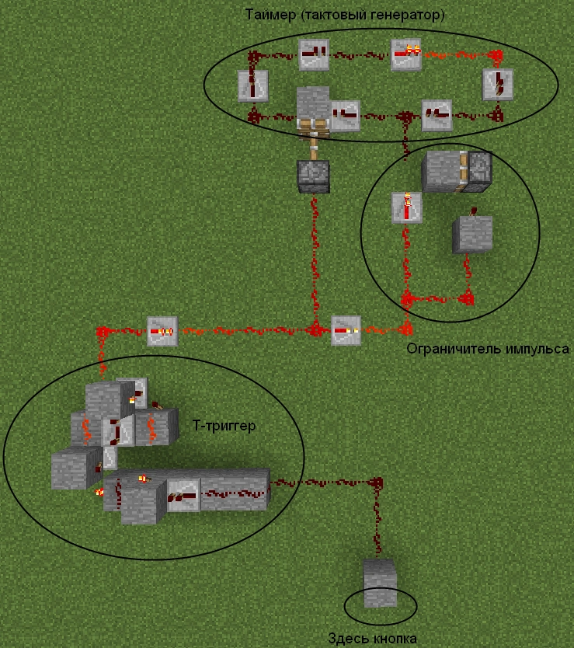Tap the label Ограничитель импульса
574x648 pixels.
[488, 349]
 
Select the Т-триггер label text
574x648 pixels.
[224, 427]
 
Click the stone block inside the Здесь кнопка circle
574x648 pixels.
[381, 583]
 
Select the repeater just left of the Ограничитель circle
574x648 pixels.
[346, 330]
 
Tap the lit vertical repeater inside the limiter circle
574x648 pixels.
[406, 207]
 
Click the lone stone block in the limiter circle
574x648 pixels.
[473, 234]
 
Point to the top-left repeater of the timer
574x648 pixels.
[314, 54]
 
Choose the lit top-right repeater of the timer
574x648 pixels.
[405, 54]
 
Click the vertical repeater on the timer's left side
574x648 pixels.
[252, 85]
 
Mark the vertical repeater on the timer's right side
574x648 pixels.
[498, 85]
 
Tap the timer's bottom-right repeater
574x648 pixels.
[437, 115]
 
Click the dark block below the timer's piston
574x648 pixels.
[314, 176]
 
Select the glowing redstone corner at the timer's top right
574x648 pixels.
[497, 55]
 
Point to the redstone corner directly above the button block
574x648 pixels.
[378, 484]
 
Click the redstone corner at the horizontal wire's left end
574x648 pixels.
[102, 333]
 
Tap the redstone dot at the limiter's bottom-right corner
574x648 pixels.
[468, 298]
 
